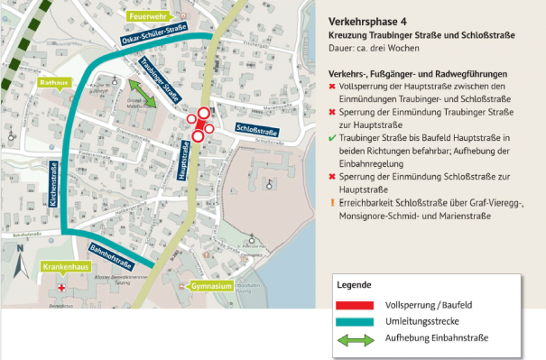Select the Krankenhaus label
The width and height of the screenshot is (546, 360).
pos(64,268)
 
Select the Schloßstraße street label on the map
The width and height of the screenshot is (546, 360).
pos(254,131)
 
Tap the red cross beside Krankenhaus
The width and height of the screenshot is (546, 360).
pos(60,288)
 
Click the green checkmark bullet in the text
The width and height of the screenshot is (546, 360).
pos(333,138)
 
